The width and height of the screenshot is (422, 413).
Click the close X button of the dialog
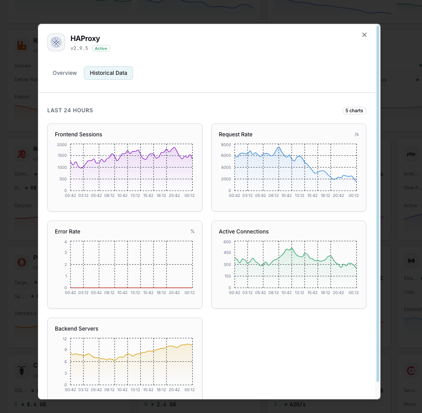pyautogui.click(x=364, y=35)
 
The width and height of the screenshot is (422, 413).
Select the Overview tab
pyautogui.click(x=65, y=73)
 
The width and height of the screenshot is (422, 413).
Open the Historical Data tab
pyautogui.click(x=108, y=73)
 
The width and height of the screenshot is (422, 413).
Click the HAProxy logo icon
pyautogui.click(x=56, y=42)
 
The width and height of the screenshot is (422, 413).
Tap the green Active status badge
pyautogui.click(x=101, y=48)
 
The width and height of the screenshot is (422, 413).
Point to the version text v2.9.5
pyautogui.click(x=79, y=48)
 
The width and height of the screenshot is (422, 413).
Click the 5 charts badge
pyautogui.click(x=354, y=110)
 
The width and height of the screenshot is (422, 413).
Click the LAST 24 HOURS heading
pyautogui.click(x=70, y=110)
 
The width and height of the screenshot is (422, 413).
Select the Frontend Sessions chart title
pyautogui.click(x=79, y=135)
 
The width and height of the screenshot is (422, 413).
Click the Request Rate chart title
pyautogui.click(x=236, y=135)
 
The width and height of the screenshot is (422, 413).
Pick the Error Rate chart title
pyautogui.click(x=67, y=232)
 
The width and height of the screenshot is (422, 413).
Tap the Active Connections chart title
pyautogui.click(x=244, y=232)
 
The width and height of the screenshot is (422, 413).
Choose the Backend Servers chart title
pyautogui.click(x=77, y=329)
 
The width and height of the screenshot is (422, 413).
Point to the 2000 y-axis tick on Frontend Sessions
pyautogui.click(x=62, y=145)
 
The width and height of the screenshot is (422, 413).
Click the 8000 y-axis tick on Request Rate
pyautogui.click(x=226, y=145)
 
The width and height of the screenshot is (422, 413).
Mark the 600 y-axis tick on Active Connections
pyautogui.click(x=227, y=242)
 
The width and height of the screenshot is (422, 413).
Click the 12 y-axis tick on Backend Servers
pyautogui.click(x=64, y=339)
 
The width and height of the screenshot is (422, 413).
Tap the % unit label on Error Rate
pyautogui.click(x=193, y=232)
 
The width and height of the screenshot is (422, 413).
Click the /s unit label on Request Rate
pyautogui.click(x=356, y=135)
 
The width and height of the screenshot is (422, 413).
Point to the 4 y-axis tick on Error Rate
pyautogui.click(x=65, y=242)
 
